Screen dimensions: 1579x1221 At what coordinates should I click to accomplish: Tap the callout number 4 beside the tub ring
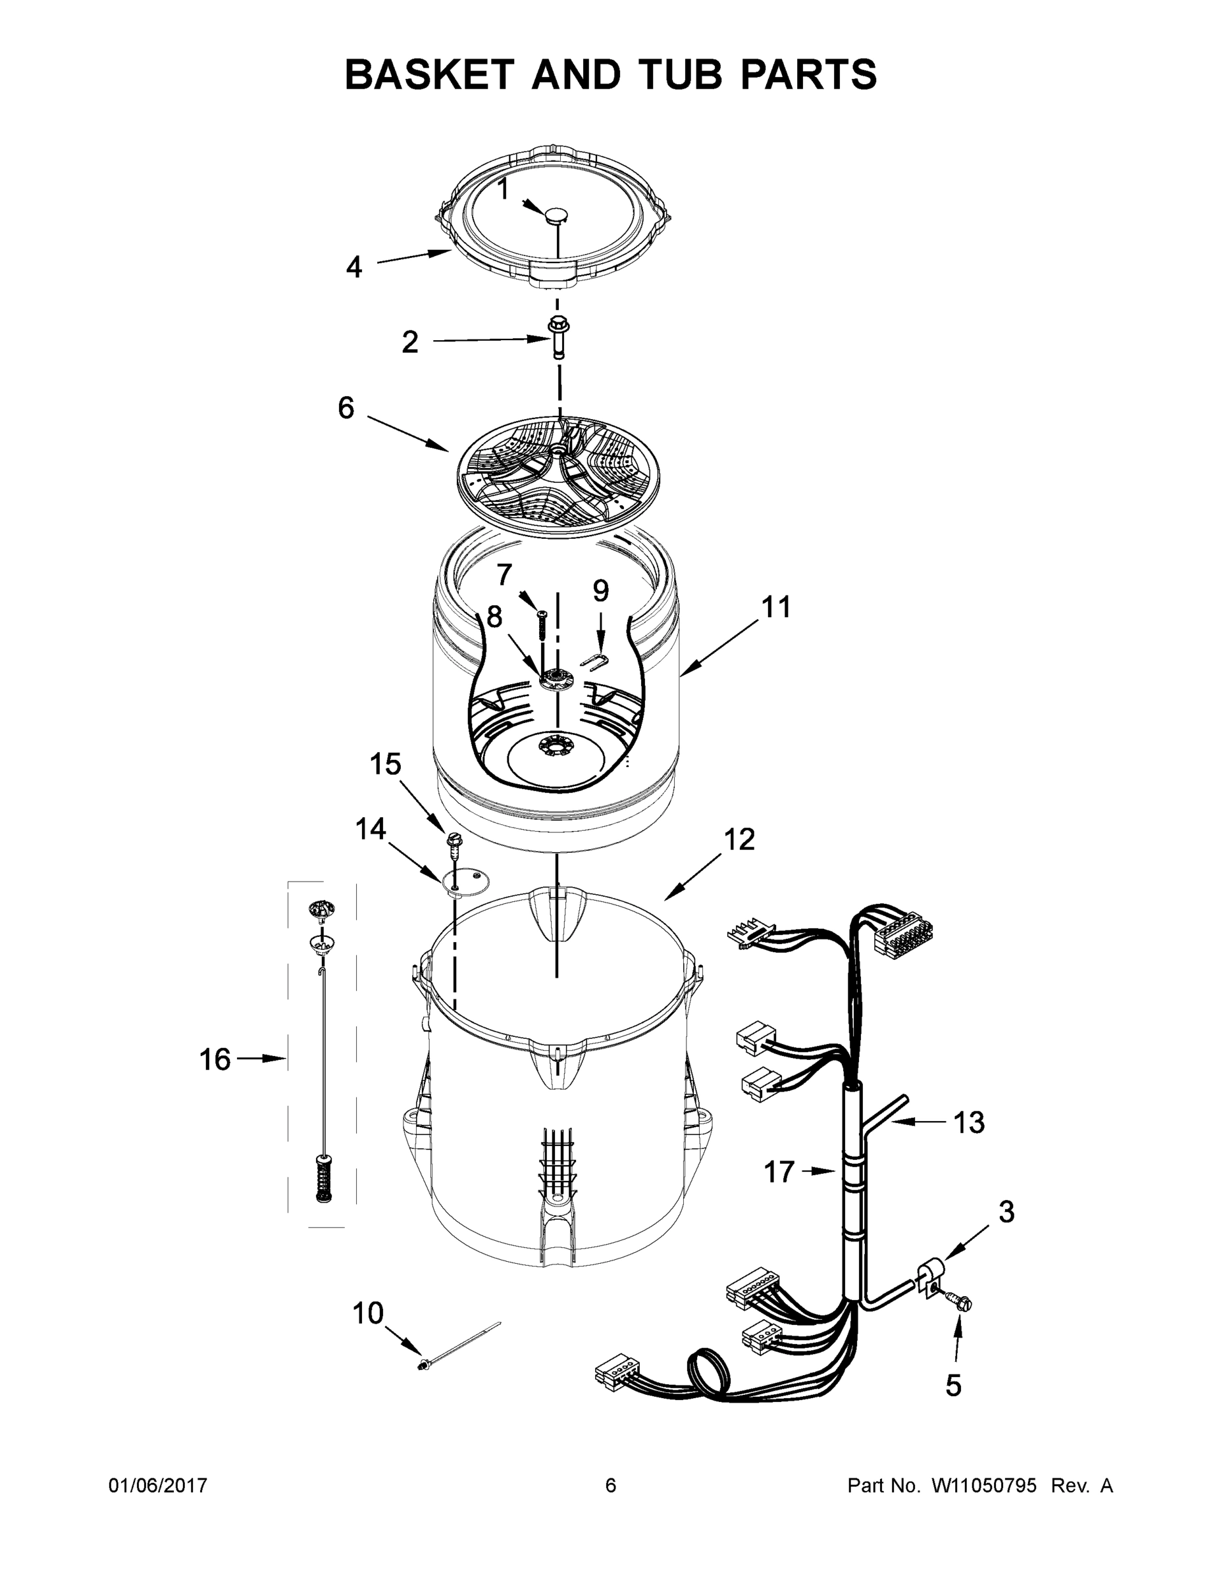(x=353, y=268)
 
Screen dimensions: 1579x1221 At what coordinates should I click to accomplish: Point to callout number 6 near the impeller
(x=346, y=408)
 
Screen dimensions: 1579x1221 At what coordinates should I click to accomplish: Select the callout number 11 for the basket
(x=776, y=607)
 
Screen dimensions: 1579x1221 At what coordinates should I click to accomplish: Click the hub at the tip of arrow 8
(x=556, y=679)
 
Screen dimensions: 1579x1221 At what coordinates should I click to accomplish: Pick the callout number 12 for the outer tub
(x=739, y=839)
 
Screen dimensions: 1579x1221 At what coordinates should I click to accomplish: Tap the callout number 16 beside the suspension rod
(x=215, y=1059)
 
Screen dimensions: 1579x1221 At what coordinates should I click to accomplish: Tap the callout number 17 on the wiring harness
(x=779, y=1172)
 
